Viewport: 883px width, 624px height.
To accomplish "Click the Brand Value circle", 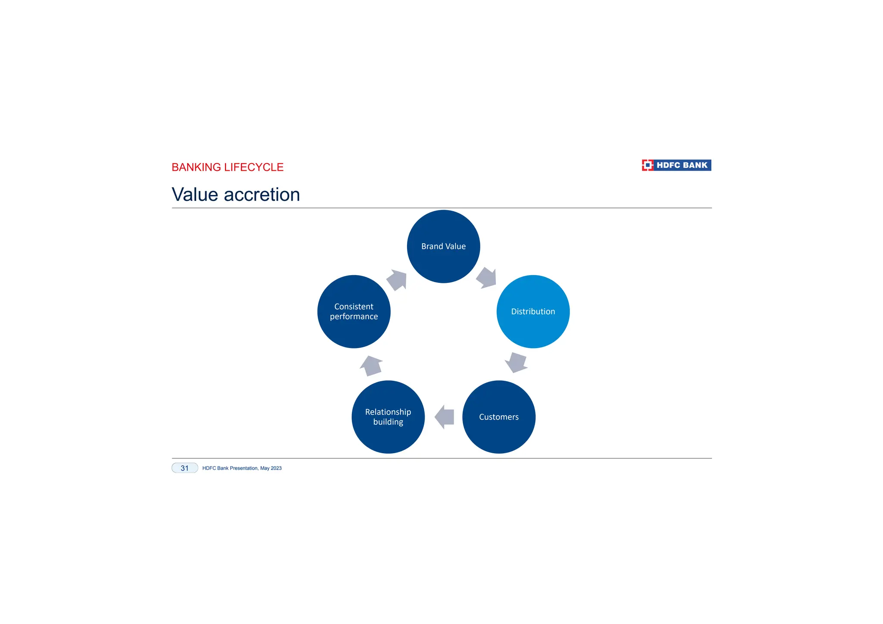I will point(443,246).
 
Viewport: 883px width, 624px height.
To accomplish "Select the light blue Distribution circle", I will point(533,311).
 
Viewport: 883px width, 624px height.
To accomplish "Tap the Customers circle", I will point(499,417).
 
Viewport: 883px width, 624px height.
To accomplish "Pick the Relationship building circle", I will point(388,417).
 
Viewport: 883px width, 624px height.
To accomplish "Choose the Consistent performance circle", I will point(354,311).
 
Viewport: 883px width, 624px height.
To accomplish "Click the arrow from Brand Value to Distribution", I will point(486,278).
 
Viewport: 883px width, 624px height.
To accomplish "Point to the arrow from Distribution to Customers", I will point(516,363).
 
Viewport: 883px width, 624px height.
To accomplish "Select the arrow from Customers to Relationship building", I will point(445,417).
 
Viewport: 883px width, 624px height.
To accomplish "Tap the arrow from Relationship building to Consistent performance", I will point(371,366).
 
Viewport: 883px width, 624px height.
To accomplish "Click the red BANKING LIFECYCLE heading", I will point(227,167).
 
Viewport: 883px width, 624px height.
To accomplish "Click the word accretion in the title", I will point(262,195).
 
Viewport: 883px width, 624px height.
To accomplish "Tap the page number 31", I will point(185,468).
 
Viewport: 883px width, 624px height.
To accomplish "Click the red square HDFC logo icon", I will point(647,165).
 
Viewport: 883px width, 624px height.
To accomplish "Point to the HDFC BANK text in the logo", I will point(682,165).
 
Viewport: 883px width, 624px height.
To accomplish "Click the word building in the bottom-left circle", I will point(388,422).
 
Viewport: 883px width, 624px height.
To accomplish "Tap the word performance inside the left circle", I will point(354,317).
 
